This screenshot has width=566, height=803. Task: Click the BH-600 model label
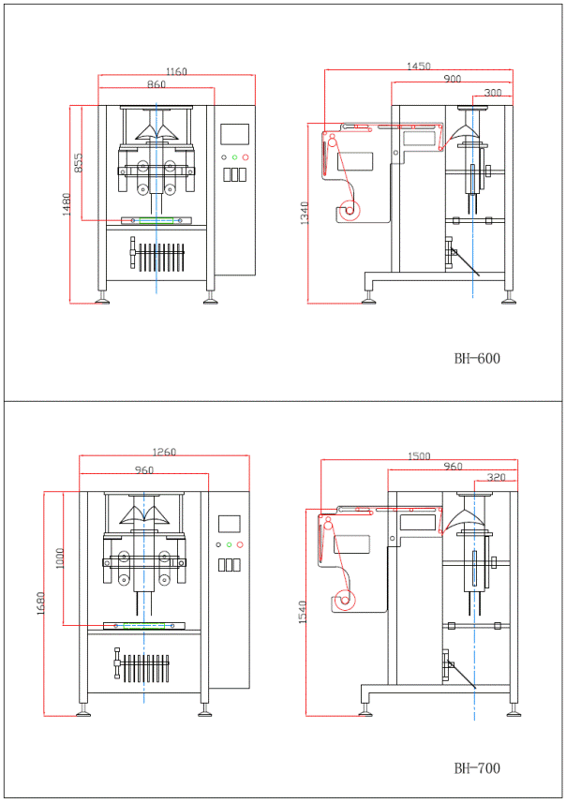(x=477, y=358)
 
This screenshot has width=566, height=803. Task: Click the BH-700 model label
(x=477, y=767)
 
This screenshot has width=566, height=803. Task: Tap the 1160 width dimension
(x=176, y=72)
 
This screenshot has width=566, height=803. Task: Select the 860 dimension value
(x=156, y=84)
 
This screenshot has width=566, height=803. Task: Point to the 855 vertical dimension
(x=78, y=162)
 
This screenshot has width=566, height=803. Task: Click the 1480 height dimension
(x=67, y=204)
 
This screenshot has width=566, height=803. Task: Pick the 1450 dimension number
(x=419, y=67)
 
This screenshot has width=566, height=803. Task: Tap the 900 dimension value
(x=453, y=79)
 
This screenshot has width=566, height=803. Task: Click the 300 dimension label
(x=493, y=93)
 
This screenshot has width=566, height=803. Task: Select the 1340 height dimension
(x=305, y=213)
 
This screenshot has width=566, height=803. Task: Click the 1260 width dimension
(x=164, y=452)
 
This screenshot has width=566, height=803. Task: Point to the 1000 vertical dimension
(x=60, y=558)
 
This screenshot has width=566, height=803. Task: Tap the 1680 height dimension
(x=40, y=602)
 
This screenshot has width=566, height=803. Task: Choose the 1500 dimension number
(x=419, y=456)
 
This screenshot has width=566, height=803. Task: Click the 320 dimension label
(x=496, y=477)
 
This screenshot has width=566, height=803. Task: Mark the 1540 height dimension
(x=302, y=612)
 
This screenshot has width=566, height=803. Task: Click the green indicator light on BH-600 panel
(x=234, y=157)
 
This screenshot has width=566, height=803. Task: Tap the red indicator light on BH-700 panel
(x=240, y=544)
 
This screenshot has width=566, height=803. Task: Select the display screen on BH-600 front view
(x=234, y=134)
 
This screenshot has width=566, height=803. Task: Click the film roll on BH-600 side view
(x=350, y=210)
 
